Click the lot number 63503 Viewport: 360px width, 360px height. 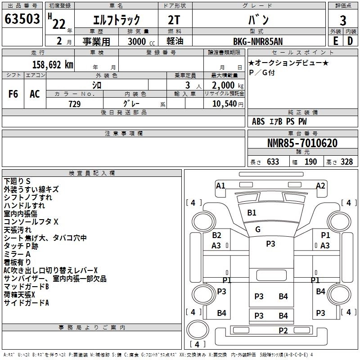tap(22, 20)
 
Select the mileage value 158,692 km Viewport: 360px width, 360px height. tap(53, 64)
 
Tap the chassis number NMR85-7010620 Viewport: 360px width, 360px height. tap(302, 143)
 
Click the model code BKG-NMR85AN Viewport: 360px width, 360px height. tap(259, 41)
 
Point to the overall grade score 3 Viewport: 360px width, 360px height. tap(343, 20)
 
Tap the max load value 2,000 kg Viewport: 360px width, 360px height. tap(225, 85)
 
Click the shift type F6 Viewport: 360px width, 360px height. tap(13, 94)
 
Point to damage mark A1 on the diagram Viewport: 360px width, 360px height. tap(220, 185)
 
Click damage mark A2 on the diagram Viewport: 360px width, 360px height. tap(320, 185)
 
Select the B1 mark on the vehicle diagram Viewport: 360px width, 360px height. tap(252, 212)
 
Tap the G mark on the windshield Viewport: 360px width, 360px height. tap(258, 229)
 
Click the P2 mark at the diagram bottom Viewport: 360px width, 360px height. tap(283, 331)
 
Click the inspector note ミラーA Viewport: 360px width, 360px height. tap(17, 254)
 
